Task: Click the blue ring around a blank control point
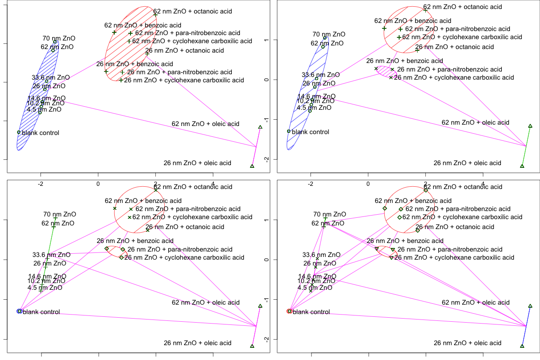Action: coord(19,311)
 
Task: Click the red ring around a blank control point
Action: coord(289,311)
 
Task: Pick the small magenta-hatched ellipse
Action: coord(387,72)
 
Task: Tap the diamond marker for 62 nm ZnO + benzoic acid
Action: coord(385,208)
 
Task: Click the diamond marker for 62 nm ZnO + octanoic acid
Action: coord(426,190)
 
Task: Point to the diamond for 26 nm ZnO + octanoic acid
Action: coord(418,230)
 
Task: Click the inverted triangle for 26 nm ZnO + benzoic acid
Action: coord(377,249)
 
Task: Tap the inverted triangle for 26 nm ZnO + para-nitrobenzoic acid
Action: coord(393,250)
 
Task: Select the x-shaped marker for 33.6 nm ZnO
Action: coord(317,258)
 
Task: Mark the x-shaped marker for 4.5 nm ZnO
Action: coord(310,291)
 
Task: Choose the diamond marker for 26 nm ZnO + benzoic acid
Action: coord(107,248)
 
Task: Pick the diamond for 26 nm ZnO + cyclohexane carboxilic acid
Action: coord(121,257)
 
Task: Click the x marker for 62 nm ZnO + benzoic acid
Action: coord(115,208)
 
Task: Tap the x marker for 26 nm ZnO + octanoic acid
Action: coord(148,230)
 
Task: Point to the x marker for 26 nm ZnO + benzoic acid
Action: coord(376,68)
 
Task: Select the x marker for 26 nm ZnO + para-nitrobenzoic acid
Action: coord(392,69)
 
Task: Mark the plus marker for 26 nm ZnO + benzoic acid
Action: coord(106,71)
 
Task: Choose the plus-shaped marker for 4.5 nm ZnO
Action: coord(40,291)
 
